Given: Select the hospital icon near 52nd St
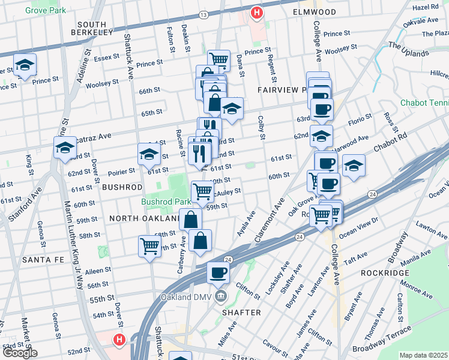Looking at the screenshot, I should (x=119, y=340).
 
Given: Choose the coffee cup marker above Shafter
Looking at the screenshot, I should (x=218, y=272).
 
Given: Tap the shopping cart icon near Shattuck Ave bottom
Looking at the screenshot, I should (x=149, y=245).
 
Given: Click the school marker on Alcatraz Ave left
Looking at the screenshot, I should (x=65, y=148).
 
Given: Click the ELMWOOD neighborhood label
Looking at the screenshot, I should (x=315, y=12).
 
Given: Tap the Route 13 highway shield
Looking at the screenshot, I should (x=204, y=14).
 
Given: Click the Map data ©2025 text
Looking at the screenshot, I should (x=423, y=355).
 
